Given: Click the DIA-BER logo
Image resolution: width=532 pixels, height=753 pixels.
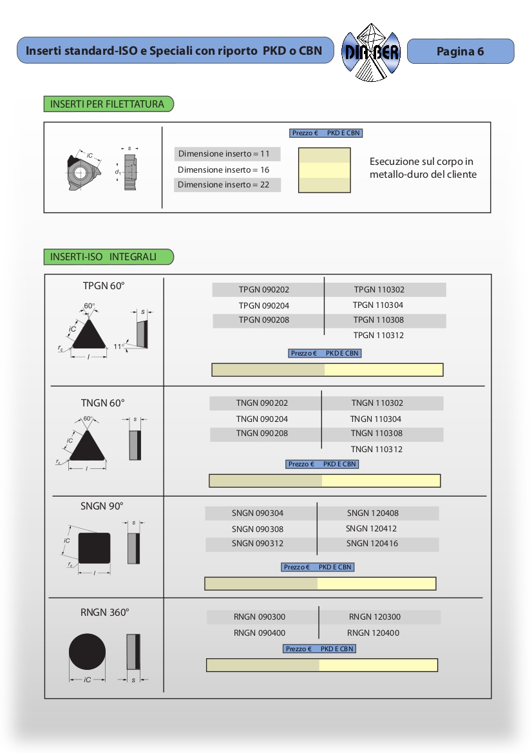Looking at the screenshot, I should click(371, 52).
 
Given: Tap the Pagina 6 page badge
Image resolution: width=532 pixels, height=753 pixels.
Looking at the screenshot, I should click(461, 52).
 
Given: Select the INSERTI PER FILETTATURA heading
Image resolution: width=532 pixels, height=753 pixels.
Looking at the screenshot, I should click(108, 104).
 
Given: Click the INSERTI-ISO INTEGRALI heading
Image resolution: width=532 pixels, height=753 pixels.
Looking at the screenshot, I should click(104, 256).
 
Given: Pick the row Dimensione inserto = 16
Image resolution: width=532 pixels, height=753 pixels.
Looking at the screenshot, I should click(223, 170).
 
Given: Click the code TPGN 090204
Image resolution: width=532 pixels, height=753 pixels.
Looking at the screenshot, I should click(263, 305).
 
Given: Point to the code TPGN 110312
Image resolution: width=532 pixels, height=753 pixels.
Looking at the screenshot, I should click(379, 336).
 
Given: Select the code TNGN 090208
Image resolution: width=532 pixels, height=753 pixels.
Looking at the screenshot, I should click(261, 434).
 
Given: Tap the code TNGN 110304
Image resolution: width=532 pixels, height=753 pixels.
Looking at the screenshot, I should click(376, 419).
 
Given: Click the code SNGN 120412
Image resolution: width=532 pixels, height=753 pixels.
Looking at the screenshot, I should click(372, 529).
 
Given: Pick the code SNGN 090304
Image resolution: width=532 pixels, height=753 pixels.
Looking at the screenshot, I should click(258, 513).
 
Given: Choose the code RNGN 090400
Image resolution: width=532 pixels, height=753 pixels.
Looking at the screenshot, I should click(260, 633).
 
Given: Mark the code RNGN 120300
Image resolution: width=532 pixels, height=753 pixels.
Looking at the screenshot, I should click(375, 617).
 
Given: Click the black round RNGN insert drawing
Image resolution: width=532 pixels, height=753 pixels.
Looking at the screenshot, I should click(87, 651).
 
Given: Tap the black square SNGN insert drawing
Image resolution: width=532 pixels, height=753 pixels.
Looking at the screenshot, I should click(94, 548).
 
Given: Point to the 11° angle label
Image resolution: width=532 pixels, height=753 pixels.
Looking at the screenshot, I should click(119, 346).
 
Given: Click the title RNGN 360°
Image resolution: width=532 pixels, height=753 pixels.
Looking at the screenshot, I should click(104, 613).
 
